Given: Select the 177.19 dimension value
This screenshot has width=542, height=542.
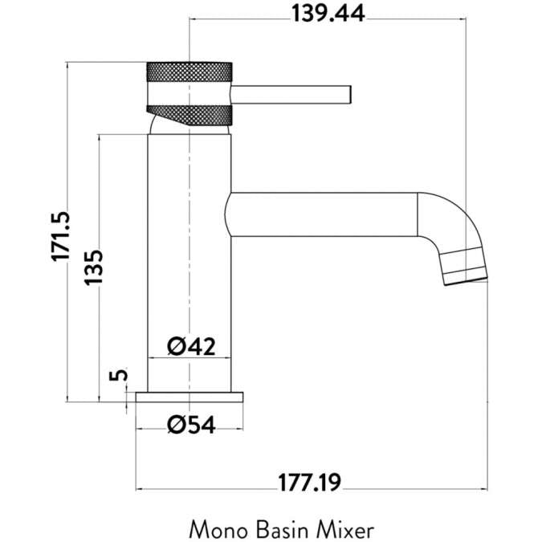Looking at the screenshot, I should (x=310, y=483).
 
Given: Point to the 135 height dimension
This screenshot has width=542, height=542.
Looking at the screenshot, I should (x=94, y=267).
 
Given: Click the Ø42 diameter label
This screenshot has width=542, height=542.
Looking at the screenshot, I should (x=191, y=348).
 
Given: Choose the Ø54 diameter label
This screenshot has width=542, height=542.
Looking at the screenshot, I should (x=191, y=425).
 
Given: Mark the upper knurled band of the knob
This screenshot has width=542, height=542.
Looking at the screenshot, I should (x=189, y=71).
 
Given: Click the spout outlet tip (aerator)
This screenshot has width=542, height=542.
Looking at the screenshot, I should (x=465, y=267).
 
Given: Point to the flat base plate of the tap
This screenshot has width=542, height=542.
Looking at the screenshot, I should (x=189, y=396).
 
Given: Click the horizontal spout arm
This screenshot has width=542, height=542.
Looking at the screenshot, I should (x=321, y=214).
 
